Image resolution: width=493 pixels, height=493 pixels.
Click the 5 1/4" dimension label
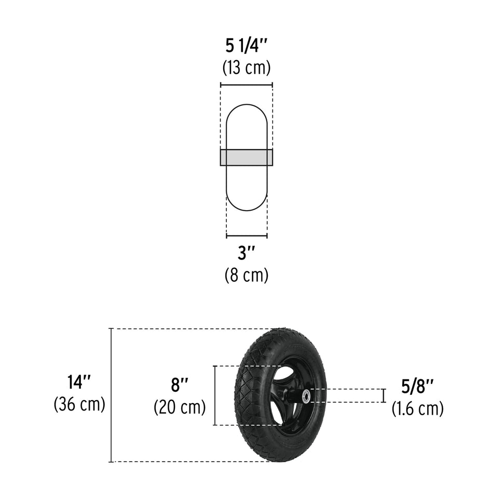246,47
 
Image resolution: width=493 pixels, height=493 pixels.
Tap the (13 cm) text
246,67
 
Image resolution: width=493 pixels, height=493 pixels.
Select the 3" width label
246,253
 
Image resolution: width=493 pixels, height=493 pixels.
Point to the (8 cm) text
246,275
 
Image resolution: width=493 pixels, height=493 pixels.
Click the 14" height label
79,382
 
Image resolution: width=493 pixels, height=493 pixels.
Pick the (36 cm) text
79,404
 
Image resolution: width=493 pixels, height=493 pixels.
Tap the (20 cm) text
180,407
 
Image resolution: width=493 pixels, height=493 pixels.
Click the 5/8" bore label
417,387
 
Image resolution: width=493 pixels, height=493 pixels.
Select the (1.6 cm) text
417,408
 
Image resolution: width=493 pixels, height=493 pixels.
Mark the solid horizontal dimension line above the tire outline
246,85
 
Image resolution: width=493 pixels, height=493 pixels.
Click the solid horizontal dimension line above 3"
246,236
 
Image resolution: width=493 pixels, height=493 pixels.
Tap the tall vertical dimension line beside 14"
111,395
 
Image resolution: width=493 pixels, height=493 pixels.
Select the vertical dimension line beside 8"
214,395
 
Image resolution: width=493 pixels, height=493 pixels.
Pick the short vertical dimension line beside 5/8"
384,395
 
